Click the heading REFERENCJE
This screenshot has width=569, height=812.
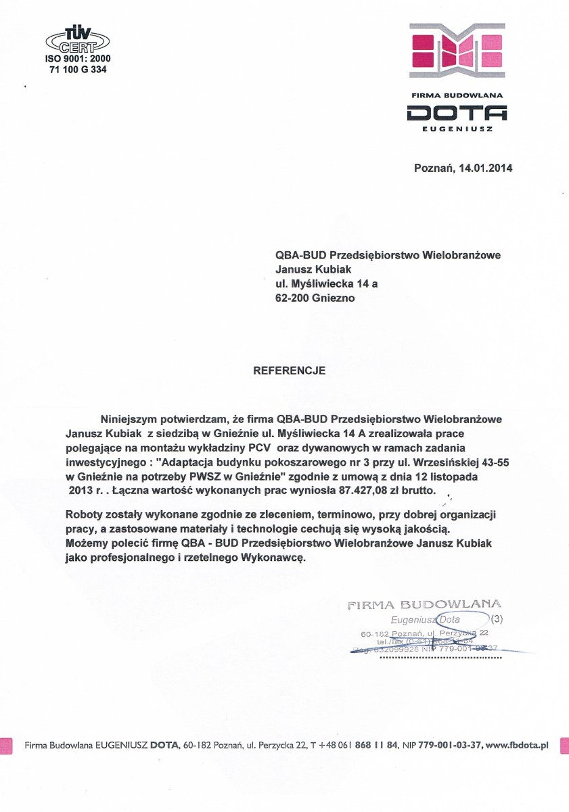coord(289,371)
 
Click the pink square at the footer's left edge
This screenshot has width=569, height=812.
coord(6,745)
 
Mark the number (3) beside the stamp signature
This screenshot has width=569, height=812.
coord(497,618)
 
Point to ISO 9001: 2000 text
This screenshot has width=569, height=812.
coord(78,58)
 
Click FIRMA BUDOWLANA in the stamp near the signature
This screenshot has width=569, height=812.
coord(424,604)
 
